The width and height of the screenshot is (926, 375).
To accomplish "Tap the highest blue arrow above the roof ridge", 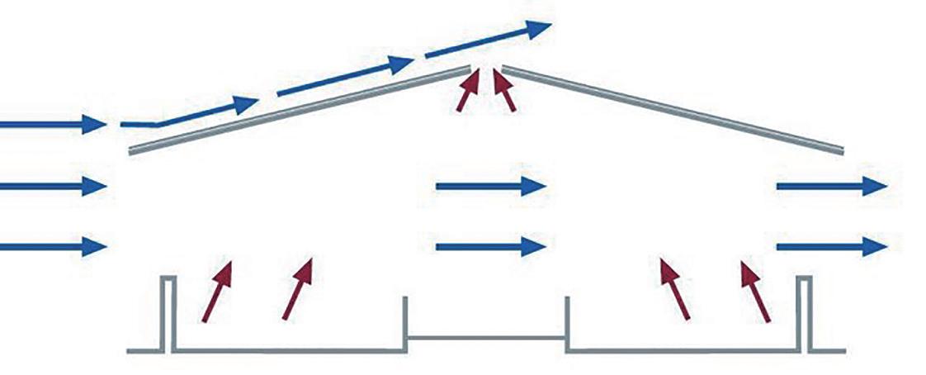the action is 487,41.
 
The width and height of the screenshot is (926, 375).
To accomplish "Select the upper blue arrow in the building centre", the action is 490,187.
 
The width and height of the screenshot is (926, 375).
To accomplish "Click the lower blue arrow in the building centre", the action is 490,246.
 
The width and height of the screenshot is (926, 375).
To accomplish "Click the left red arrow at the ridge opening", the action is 468,90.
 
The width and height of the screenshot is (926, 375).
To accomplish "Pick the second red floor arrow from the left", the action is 298,288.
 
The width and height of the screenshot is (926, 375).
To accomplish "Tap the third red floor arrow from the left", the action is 675,288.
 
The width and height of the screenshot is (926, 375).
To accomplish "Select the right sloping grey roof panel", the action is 673,112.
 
